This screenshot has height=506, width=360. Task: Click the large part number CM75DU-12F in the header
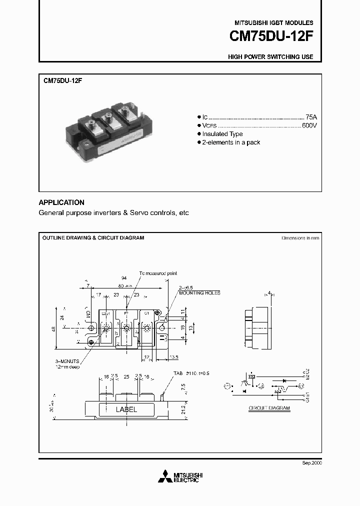271,36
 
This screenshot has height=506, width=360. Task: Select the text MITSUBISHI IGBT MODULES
274,23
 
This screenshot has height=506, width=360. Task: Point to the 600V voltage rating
309,125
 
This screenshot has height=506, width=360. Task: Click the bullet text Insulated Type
222,134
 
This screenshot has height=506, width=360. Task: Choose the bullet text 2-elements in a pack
231,142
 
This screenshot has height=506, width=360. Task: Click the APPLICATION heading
61,202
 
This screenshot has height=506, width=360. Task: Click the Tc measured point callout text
158,273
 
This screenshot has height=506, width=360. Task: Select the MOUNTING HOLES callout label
199,293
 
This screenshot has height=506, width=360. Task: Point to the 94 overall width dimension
123,277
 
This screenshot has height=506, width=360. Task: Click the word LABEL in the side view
126,409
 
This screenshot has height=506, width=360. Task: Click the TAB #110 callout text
190,373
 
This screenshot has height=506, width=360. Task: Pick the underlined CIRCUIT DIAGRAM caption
269,408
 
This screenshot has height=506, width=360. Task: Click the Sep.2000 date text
311,463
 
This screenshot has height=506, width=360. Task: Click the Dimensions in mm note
299,238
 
